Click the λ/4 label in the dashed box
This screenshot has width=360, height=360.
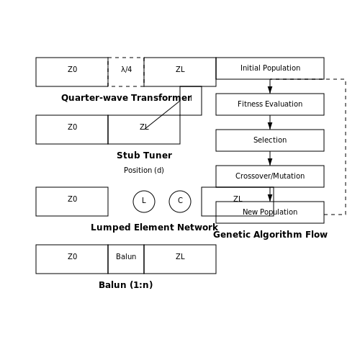pyautogui.click(x=126, y=70)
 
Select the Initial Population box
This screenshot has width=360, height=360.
pyautogui.click(x=270, y=68)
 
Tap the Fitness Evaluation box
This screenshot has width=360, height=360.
pyautogui.click(x=270, y=104)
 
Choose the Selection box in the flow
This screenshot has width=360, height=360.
pyautogui.click(x=270, y=140)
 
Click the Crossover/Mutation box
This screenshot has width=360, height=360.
pyautogui.click(x=270, y=176)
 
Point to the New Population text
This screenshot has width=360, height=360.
pyautogui.click(x=270, y=212)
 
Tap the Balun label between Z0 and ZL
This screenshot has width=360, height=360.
pyautogui.click(x=126, y=256)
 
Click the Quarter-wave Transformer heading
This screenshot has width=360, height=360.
pyautogui.click(x=126, y=98)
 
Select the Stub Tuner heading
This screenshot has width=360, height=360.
pyautogui.click(x=144, y=156)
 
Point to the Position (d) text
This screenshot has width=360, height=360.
pyautogui.click(x=144, y=170)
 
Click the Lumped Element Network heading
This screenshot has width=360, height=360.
pyautogui.click(x=154, y=228)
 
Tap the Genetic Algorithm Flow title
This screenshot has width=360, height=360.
pyautogui.click(x=270, y=235)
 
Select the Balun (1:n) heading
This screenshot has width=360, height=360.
pyautogui.click(x=126, y=285)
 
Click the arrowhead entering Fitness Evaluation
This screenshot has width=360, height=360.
pyautogui.click(x=270, y=90)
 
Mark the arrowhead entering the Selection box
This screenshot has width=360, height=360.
pyautogui.click(x=270, y=126)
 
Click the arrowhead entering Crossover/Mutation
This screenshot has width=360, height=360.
pyautogui.click(x=270, y=162)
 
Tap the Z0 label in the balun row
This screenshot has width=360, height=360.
pyautogui.click(x=72, y=256)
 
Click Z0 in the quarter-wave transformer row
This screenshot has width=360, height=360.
pyautogui.click(x=72, y=69)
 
